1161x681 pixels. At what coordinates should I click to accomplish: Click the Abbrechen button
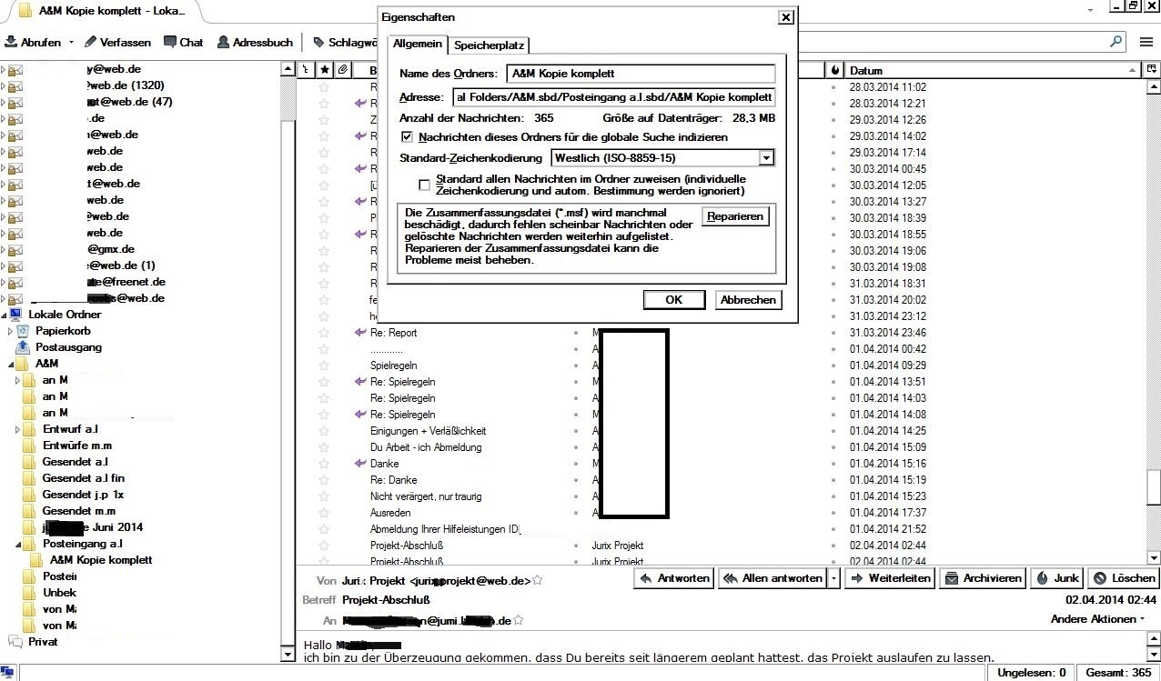[748, 300]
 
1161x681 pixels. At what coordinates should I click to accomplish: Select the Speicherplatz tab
[490, 45]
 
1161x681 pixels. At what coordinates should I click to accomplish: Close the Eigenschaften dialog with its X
[786, 17]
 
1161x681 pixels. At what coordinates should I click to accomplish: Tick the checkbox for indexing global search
[408, 137]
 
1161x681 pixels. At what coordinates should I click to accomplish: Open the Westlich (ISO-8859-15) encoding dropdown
[766, 158]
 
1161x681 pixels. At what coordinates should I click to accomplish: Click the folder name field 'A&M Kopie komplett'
[641, 74]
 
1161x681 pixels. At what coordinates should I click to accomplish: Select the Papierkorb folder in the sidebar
[63, 331]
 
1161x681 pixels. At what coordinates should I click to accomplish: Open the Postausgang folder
[68, 347]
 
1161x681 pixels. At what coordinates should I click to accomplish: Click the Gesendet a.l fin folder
[83, 478]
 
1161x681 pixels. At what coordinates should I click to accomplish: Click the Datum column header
[992, 70]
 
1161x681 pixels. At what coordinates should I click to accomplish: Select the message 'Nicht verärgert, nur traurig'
[426, 496]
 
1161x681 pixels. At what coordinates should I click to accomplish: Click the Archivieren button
[983, 578]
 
